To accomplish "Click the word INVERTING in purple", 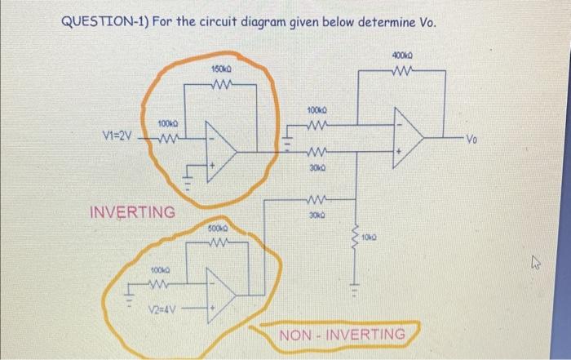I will tap(131, 213).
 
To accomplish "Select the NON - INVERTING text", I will tap(342, 335).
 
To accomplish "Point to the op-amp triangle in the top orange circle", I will tap(220, 149).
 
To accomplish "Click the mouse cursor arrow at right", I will tap(530, 264).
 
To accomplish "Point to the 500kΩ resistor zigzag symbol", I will tap(216, 242).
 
